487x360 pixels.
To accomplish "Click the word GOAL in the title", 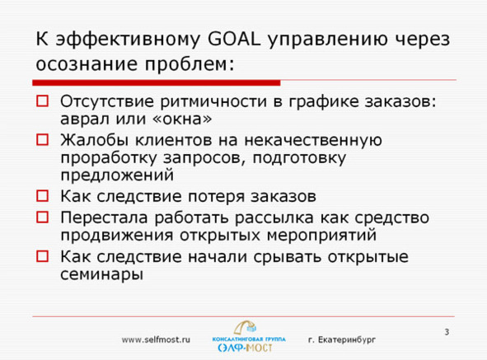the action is tap(233, 40).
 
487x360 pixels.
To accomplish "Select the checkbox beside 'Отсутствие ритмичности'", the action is tap(43, 101).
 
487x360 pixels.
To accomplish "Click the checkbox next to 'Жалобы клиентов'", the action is tap(43, 140).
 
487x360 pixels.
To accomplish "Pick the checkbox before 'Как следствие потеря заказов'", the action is tap(43, 196).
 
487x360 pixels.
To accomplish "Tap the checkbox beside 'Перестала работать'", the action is tap(43, 217).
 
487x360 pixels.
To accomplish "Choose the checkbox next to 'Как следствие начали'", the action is tap(43, 256).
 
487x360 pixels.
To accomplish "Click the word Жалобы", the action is tap(95, 140).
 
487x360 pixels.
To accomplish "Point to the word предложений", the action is tap(117, 175).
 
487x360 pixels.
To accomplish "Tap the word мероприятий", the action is tap(321, 235).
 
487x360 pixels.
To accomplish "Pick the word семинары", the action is tap(101, 274).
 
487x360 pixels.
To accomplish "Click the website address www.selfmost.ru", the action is tap(156, 339).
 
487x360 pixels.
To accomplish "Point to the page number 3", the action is tap(447, 332).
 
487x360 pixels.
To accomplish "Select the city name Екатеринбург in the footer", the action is tap(347, 340).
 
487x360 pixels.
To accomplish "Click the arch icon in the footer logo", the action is tap(245, 328).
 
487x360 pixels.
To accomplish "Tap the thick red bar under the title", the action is tap(157, 82).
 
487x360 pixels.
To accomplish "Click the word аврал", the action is tap(86, 119).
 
